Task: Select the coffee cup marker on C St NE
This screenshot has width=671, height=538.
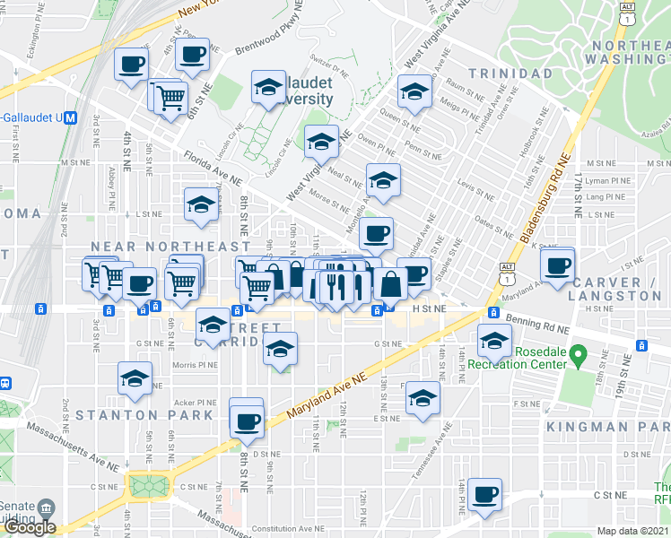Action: [x=485, y=494]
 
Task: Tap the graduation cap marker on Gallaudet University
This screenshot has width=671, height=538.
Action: [x=268, y=87]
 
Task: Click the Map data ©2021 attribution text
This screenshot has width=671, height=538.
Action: [x=632, y=531]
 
